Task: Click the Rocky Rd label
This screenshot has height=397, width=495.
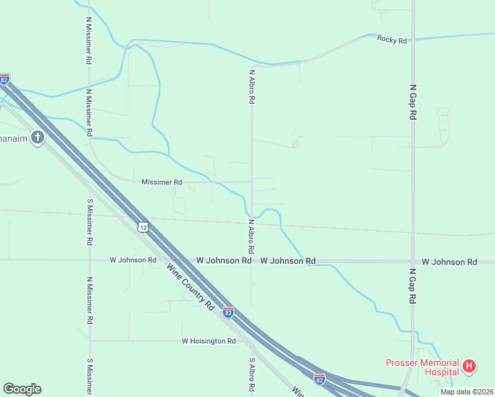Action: (391, 40)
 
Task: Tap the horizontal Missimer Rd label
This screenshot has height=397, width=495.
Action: (161, 181)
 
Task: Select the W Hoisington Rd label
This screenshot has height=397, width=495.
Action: (208, 341)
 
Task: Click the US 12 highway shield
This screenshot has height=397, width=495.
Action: (144, 227)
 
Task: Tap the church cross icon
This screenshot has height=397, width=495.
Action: (38, 138)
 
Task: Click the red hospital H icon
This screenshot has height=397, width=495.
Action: (469, 365)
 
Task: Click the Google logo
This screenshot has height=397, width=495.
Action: (22, 389)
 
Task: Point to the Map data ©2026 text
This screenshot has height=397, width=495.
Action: (467, 392)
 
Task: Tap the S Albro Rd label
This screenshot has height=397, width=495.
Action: (252, 376)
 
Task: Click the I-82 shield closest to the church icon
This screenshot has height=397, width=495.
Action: (5, 79)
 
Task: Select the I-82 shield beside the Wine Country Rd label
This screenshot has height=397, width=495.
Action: (228, 312)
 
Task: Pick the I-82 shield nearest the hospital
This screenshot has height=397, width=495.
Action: (320, 379)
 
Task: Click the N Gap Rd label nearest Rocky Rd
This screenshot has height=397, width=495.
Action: (413, 101)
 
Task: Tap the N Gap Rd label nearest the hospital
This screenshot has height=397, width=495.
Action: (413, 286)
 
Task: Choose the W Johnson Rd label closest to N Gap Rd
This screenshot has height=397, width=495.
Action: (449, 262)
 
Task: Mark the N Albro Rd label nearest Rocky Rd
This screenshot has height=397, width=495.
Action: (252, 87)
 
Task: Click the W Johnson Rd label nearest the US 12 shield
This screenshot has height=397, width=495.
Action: (133, 260)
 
